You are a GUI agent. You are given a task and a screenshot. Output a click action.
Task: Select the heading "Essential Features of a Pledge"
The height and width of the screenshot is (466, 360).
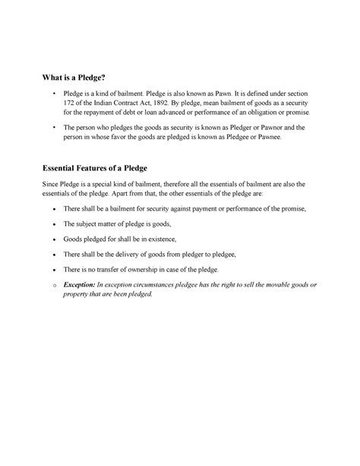point(93,167)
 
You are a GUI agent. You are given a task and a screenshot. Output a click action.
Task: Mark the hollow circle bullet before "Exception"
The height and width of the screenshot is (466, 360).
point(46,284)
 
